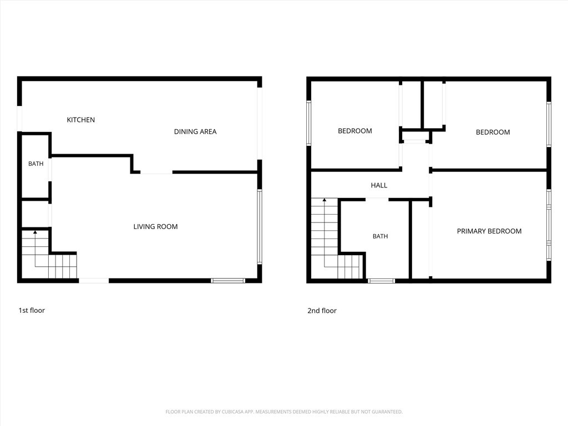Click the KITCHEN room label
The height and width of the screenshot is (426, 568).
click(x=81, y=120)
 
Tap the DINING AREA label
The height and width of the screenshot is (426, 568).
click(x=195, y=132)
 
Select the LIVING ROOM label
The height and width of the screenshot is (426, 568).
click(x=155, y=227)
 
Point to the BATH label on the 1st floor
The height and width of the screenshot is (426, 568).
click(x=36, y=164)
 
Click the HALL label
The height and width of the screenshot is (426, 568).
click(x=379, y=185)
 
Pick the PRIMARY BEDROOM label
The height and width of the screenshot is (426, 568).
click(x=489, y=231)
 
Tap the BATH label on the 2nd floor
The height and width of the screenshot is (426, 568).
click(x=381, y=236)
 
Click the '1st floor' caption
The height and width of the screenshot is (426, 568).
click(x=32, y=311)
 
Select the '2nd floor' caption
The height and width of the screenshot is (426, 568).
click(x=322, y=311)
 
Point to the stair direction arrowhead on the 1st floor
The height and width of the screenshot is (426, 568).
click(x=35, y=232)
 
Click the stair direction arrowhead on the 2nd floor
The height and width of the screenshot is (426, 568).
click(x=324, y=200)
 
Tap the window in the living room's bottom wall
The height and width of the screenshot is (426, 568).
click(x=228, y=281)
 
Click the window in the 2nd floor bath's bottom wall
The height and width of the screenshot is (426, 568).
click(x=381, y=281)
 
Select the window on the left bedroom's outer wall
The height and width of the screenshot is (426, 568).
click(x=308, y=123)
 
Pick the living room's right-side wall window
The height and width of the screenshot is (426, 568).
click(x=260, y=226)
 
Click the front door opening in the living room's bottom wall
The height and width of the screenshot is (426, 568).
click(x=93, y=281)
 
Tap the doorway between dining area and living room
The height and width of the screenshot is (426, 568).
click(x=156, y=172)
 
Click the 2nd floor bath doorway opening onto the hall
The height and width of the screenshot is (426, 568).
click(x=377, y=200)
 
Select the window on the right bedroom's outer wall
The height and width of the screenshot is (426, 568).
click(x=549, y=124)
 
